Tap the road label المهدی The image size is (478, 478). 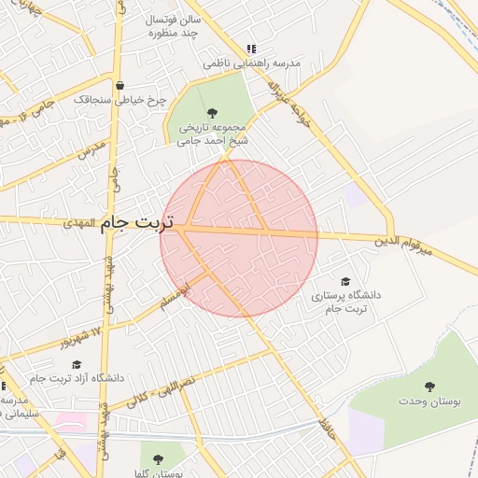[x=82, y=225]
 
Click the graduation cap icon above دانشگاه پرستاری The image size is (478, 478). [x=345, y=281]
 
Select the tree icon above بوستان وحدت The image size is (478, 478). [x=429, y=387]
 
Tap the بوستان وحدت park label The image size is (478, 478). [x=429, y=402]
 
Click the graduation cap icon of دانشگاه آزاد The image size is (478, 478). [x=77, y=364]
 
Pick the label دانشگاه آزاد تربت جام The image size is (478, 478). [x=77, y=379]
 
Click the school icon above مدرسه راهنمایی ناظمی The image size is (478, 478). [x=250, y=49]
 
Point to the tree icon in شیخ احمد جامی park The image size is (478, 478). [x=213, y=113]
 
